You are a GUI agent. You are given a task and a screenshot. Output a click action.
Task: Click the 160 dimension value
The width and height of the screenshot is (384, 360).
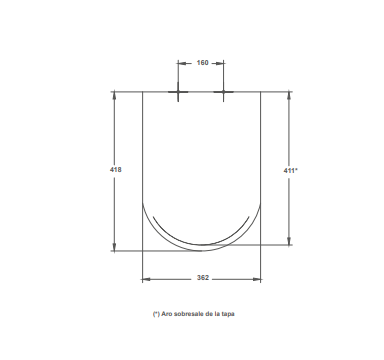pyautogui.click(x=202, y=63)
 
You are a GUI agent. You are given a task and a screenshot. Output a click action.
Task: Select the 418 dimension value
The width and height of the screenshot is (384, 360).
pyautogui.click(x=116, y=170)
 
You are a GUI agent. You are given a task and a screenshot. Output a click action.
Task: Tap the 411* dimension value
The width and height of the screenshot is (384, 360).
pyautogui.click(x=291, y=170)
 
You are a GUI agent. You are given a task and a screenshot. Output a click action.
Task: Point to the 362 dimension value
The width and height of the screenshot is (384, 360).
pyautogui.click(x=203, y=278)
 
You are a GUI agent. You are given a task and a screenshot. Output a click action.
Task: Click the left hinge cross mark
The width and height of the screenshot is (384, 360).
pyautogui.click(x=178, y=92)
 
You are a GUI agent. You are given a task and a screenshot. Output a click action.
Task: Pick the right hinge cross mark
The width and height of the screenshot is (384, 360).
pyautogui.click(x=223, y=92)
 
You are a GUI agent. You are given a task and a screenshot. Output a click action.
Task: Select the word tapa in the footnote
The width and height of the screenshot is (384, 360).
pyautogui.click(x=228, y=314)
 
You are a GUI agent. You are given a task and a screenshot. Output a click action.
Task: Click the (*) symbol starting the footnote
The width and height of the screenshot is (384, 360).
pyautogui.click(x=156, y=314)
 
